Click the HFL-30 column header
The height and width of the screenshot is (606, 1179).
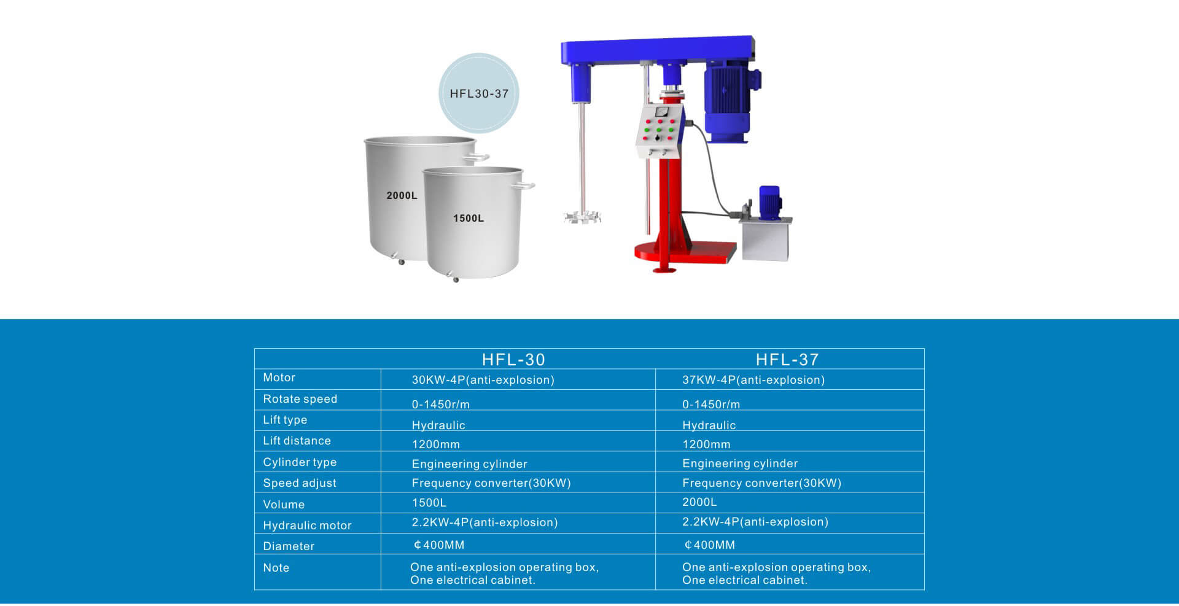click(x=513, y=359)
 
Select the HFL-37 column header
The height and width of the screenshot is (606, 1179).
click(x=787, y=359)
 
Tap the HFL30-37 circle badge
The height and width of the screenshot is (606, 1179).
click(x=479, y=93)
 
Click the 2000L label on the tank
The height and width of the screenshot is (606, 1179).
click(x=402, y=195)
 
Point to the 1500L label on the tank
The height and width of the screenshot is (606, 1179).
click(x=469, y=218)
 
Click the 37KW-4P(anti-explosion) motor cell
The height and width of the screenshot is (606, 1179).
click(x=753, y=380)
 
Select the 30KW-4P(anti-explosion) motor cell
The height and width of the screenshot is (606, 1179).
click(x=483, y=380)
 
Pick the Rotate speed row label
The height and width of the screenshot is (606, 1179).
click(x=300, y=399)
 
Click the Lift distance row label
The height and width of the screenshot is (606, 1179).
click(x=297, y=441)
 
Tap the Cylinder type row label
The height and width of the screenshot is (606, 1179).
click(x=300, y=462)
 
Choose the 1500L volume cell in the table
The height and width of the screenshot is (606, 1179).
click(x=429, y=503)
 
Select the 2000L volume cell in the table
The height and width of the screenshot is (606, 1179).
click(x=699, y=502)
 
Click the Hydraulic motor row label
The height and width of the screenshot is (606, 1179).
click(x=307, y=526)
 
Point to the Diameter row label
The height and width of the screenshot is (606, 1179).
click(x=289, y=546)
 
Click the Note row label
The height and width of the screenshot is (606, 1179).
click(x=276, y=568)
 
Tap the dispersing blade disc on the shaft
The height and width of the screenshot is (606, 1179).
click(x=582, y=216)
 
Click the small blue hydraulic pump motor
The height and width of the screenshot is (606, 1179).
click(x=770, y=203)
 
